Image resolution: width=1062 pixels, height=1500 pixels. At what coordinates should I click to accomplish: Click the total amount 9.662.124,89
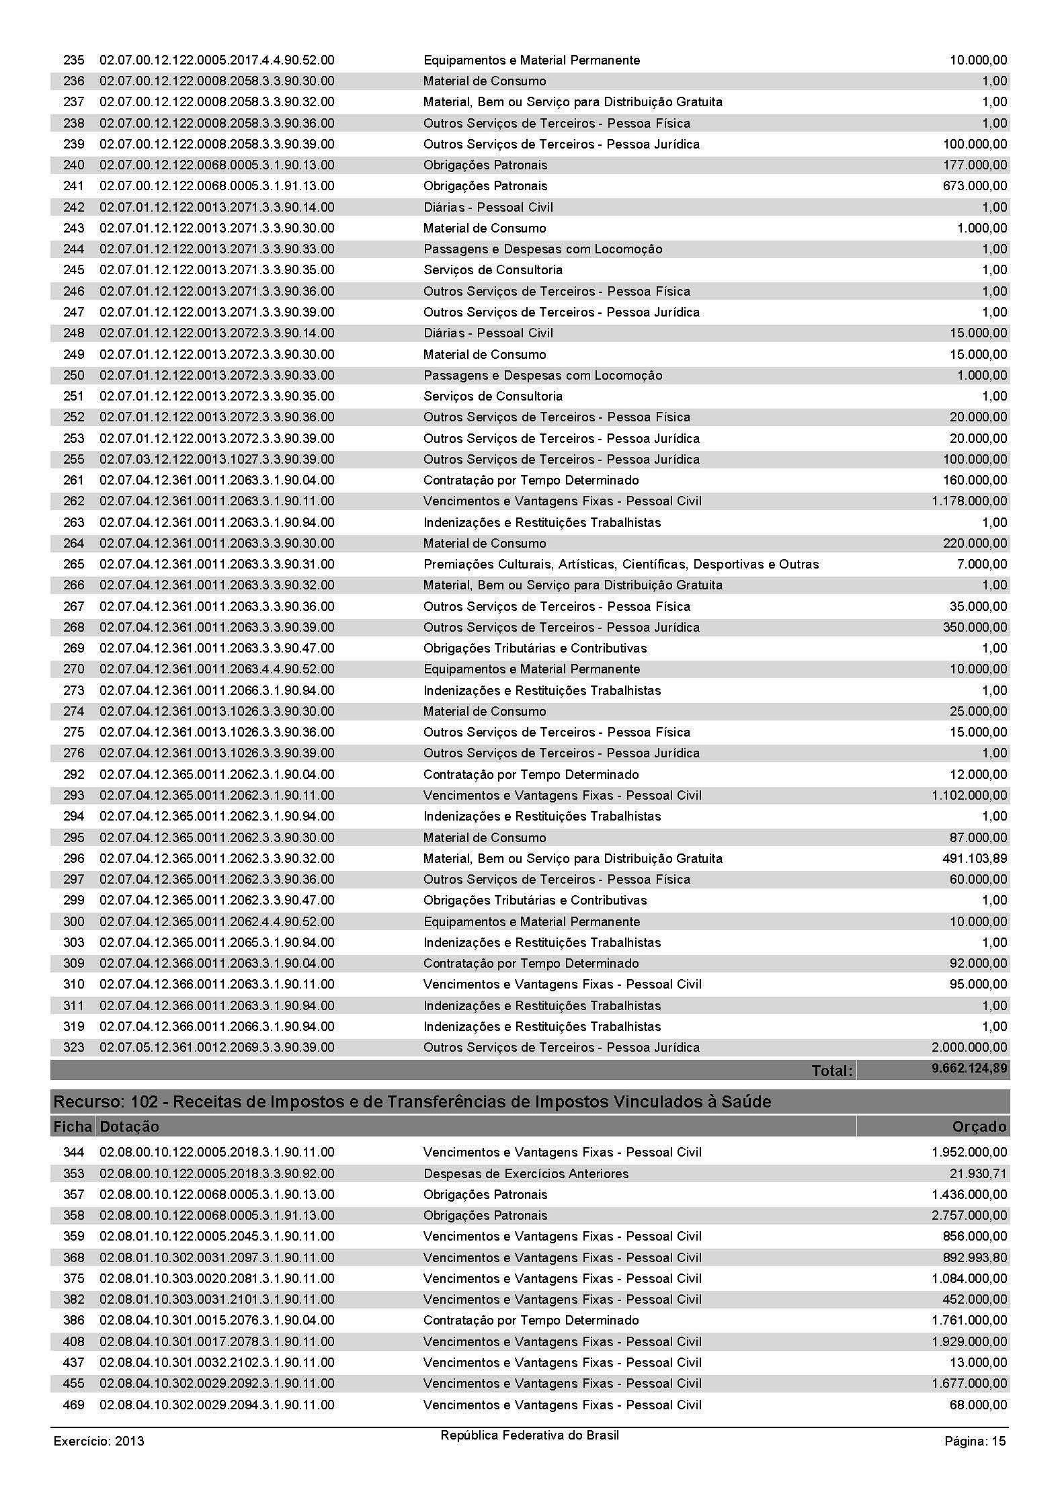(x=969, y=1069)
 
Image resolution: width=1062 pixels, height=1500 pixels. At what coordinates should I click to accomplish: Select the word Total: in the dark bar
(x=831, y=1071)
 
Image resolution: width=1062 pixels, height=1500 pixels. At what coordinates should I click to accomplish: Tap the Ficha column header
(x=73, y=1126)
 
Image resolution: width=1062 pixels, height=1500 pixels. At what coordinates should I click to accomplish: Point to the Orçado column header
(x=979, y=1126)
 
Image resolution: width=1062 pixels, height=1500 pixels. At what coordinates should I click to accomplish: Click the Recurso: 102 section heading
(x=412, y=1102)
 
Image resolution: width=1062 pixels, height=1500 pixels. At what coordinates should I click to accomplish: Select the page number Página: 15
(x=975, y=1441)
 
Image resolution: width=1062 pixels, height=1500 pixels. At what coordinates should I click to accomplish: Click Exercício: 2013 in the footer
(x=99, y=1441)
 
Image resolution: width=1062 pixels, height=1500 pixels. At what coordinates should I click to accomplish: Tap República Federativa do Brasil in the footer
(x=530, y=1435)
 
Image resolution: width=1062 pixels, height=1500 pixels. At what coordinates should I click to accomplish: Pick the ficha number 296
(x=74, y=858)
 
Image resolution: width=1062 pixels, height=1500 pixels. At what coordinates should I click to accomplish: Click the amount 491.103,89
(x=975, y=858)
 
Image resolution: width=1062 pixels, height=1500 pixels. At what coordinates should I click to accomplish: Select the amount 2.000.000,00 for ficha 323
(x=969, y=1047)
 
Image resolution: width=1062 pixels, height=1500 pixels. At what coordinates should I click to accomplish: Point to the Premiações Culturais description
(x=621, y=564)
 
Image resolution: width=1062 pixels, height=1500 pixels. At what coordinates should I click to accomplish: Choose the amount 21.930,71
(x=978, y=1173)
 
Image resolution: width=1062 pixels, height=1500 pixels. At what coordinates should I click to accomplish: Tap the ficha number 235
(x=74, y=60)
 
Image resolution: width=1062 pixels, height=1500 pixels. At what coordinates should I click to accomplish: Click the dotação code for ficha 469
(x=216, y=1405)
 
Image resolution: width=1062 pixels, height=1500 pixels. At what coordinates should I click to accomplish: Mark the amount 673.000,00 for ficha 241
(x=975, y=185)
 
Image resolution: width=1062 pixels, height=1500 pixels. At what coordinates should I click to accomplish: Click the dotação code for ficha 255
(x=216, y=459)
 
